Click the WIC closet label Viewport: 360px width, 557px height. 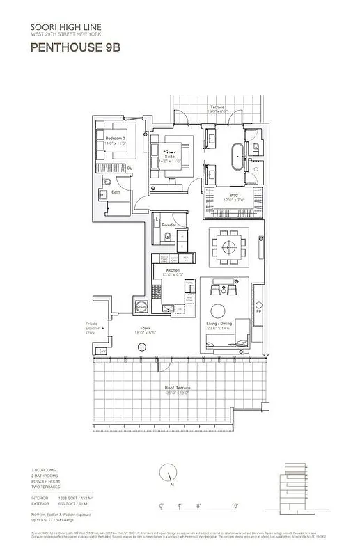(x=234, y=197)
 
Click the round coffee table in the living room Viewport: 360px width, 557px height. (x=217, y=311)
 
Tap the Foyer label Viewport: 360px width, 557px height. (x=146, y=328)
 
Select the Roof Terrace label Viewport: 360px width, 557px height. (x=178, y=389)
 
